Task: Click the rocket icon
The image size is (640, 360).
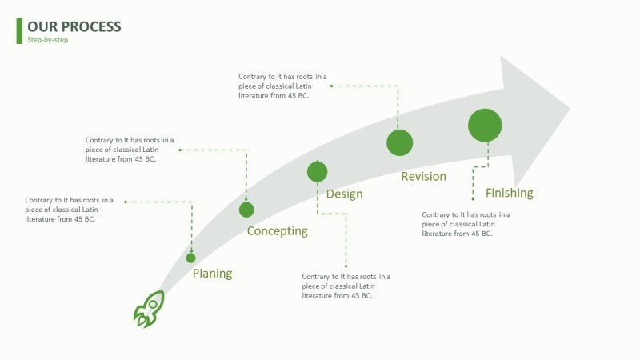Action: pos(148,309)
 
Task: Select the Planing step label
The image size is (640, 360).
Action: pos(212,274)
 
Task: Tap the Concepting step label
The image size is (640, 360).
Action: pos(277,231)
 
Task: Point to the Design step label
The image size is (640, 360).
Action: pos(344,194)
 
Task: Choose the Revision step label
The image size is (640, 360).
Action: pos(423,176)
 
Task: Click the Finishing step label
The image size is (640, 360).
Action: pos(509,193)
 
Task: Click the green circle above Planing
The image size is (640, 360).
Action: pos(190,258)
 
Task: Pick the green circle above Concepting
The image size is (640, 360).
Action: pos(246,210)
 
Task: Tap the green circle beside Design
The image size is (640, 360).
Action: pos(318,171)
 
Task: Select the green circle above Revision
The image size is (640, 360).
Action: pos(399,142)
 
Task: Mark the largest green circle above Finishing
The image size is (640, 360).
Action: pos(485,125)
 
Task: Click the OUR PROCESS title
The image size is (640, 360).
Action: pos(74,26)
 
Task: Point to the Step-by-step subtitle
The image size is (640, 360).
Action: pos(48,40)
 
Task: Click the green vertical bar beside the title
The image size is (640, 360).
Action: pos(19,30)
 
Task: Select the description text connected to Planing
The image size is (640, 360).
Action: pos(69,210)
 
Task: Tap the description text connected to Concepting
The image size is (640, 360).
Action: pos(130,150)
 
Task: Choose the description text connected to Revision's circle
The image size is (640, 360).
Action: pos(282,86)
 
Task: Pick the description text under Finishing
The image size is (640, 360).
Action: pos(466,224)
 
